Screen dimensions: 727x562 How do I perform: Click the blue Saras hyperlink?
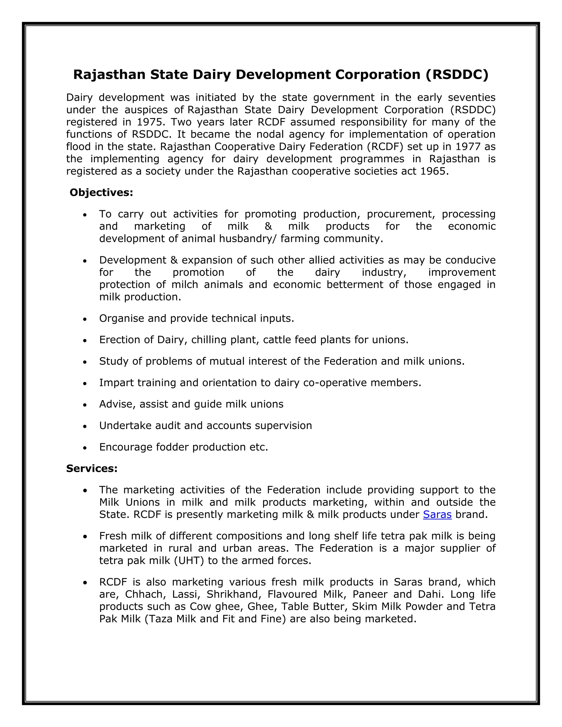[437, 515]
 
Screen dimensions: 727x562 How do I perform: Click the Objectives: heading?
[101, 192]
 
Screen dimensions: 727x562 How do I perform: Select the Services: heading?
[92, 468]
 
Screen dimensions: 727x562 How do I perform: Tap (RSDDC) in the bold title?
[457, 75]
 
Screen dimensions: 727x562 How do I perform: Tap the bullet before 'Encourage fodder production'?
[85, 448]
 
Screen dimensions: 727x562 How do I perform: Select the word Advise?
[117, 404]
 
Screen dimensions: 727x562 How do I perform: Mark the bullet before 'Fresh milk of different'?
[85, 537]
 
